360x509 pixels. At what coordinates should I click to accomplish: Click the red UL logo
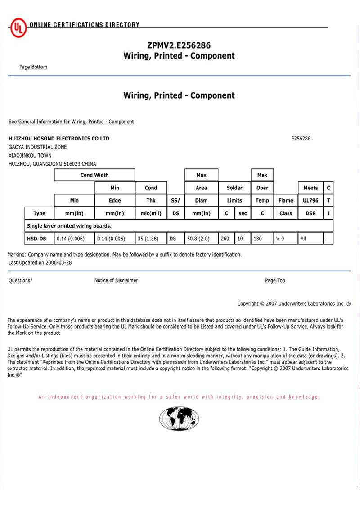(18, 28)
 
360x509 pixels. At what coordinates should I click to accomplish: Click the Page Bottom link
(33, 67)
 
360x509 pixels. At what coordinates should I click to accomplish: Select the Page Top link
(275, 280)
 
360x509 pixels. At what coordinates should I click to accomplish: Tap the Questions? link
(20, 280)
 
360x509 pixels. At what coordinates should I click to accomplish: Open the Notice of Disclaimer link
(116, 280)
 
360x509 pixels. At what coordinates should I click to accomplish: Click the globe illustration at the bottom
(179, 418)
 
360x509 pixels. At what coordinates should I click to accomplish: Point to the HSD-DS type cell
(39, 239)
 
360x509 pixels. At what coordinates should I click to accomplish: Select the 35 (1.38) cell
(151, 239)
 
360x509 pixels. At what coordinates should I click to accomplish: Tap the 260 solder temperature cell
(226, 239)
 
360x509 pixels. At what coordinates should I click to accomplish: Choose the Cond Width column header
(94, 175)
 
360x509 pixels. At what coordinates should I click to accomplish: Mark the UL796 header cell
(310, 200)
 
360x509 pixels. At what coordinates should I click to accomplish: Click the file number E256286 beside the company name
(301, 139)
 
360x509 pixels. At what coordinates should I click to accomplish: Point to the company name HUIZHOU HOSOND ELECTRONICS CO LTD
(59, 139)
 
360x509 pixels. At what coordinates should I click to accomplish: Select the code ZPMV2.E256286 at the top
(179, 45)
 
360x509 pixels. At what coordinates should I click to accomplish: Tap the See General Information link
(71, 122)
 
